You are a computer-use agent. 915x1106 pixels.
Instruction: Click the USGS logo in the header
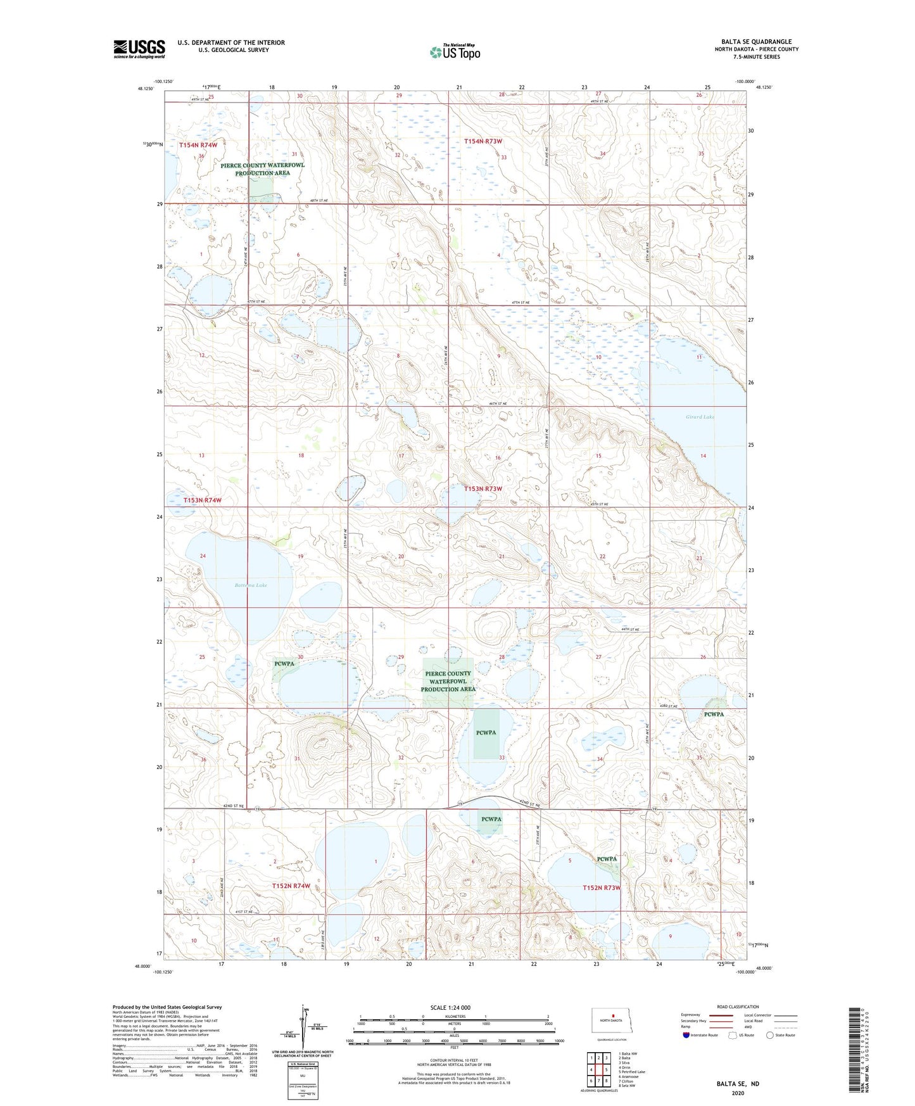(139, 49)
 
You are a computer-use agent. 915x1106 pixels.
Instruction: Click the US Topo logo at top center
(455, 52)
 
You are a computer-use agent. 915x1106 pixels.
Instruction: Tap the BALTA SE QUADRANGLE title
(756, 42)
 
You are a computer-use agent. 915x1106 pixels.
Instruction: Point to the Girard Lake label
(700, 417)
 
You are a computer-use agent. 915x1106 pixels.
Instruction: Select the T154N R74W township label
(198, 145)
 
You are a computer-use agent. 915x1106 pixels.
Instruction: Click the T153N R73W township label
(483, 489)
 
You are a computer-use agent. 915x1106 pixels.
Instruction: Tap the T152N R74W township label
(291, 886)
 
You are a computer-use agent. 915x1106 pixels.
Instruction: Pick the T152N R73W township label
(601, 887)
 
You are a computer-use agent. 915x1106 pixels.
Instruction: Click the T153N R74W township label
(203, 500)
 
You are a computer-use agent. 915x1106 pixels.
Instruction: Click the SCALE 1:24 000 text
(450, 1007)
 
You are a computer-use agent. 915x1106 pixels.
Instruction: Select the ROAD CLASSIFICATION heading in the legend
(737, 1007)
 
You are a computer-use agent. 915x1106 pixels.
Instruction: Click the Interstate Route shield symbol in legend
(686, 1035)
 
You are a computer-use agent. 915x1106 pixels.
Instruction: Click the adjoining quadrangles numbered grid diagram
(598, 1069)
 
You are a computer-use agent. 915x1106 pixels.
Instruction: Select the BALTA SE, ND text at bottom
(738, 1084)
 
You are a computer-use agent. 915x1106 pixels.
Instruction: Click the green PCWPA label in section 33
(486, 732)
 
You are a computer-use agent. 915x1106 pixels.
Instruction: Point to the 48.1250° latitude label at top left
(145, 89)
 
